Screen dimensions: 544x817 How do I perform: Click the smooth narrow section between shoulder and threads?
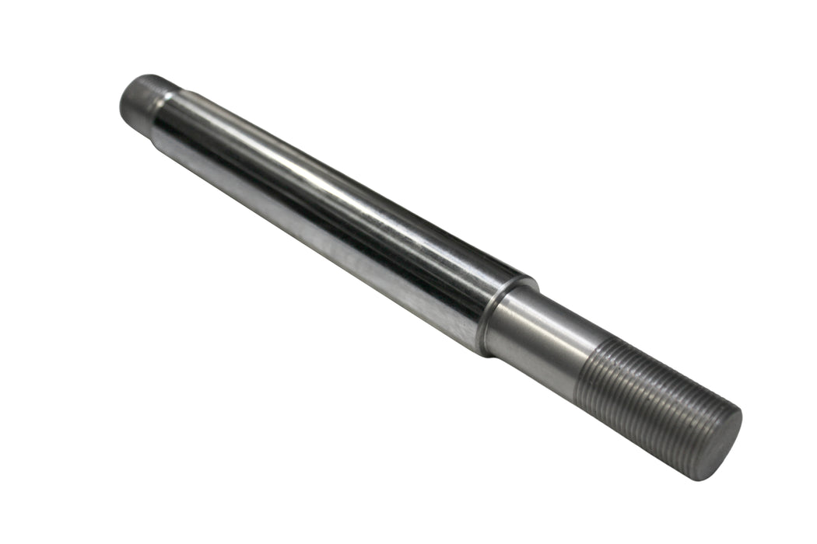point(537,342)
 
